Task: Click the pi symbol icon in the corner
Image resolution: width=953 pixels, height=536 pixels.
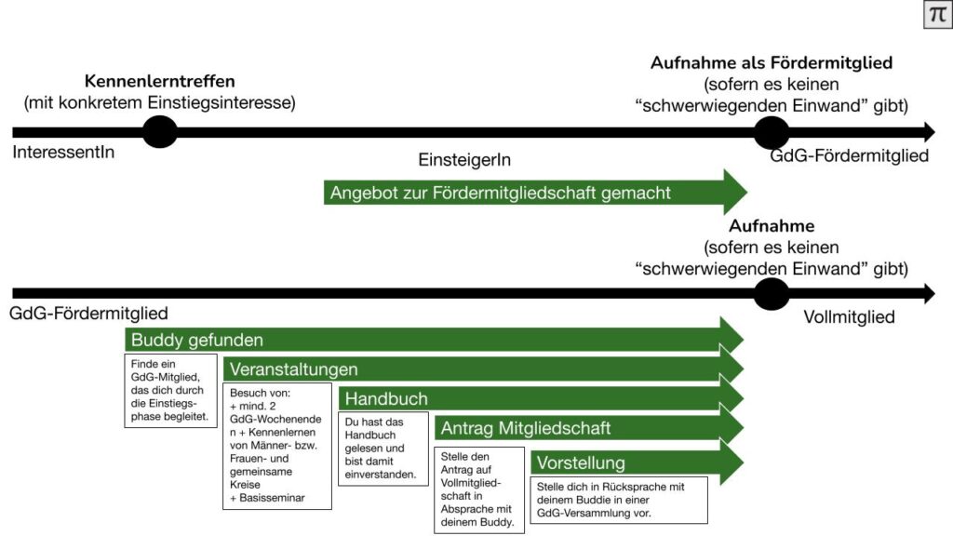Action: tap(937, 15)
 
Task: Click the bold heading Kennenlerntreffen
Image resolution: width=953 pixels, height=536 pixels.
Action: tap(159, 81)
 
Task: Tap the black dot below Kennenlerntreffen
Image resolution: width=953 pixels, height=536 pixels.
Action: tap(160, 132)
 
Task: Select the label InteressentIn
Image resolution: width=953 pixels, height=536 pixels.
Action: tap(64, 152)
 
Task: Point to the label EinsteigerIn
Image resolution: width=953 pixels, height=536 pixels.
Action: tap(464, 160)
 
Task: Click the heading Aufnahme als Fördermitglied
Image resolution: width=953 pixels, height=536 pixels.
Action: tap(771, 63)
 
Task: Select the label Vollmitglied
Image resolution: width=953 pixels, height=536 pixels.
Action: tap(849, 317)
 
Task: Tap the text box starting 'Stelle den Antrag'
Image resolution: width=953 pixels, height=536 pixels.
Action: tap(479, 489)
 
